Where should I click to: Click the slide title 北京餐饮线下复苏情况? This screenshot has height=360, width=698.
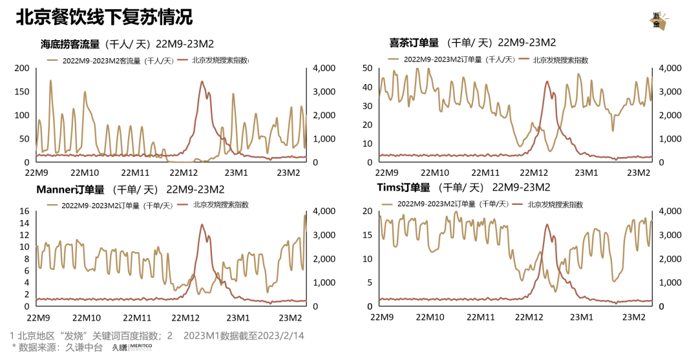(103, 17)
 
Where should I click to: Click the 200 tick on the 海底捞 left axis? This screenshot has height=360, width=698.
(22, 69)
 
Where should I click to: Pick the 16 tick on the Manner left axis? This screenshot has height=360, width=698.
(25, 211)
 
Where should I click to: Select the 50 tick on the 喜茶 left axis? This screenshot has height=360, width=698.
(366, 68)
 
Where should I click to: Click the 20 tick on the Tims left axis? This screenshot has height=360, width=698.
(366, 211)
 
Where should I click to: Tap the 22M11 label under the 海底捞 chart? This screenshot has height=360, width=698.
(136, 173)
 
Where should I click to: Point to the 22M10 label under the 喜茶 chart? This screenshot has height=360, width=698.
(436, 173)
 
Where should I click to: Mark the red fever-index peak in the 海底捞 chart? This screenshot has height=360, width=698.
(202, 82)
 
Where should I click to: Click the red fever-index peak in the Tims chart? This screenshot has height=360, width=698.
(547, 225)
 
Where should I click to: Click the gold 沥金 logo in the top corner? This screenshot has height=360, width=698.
(657, 20)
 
